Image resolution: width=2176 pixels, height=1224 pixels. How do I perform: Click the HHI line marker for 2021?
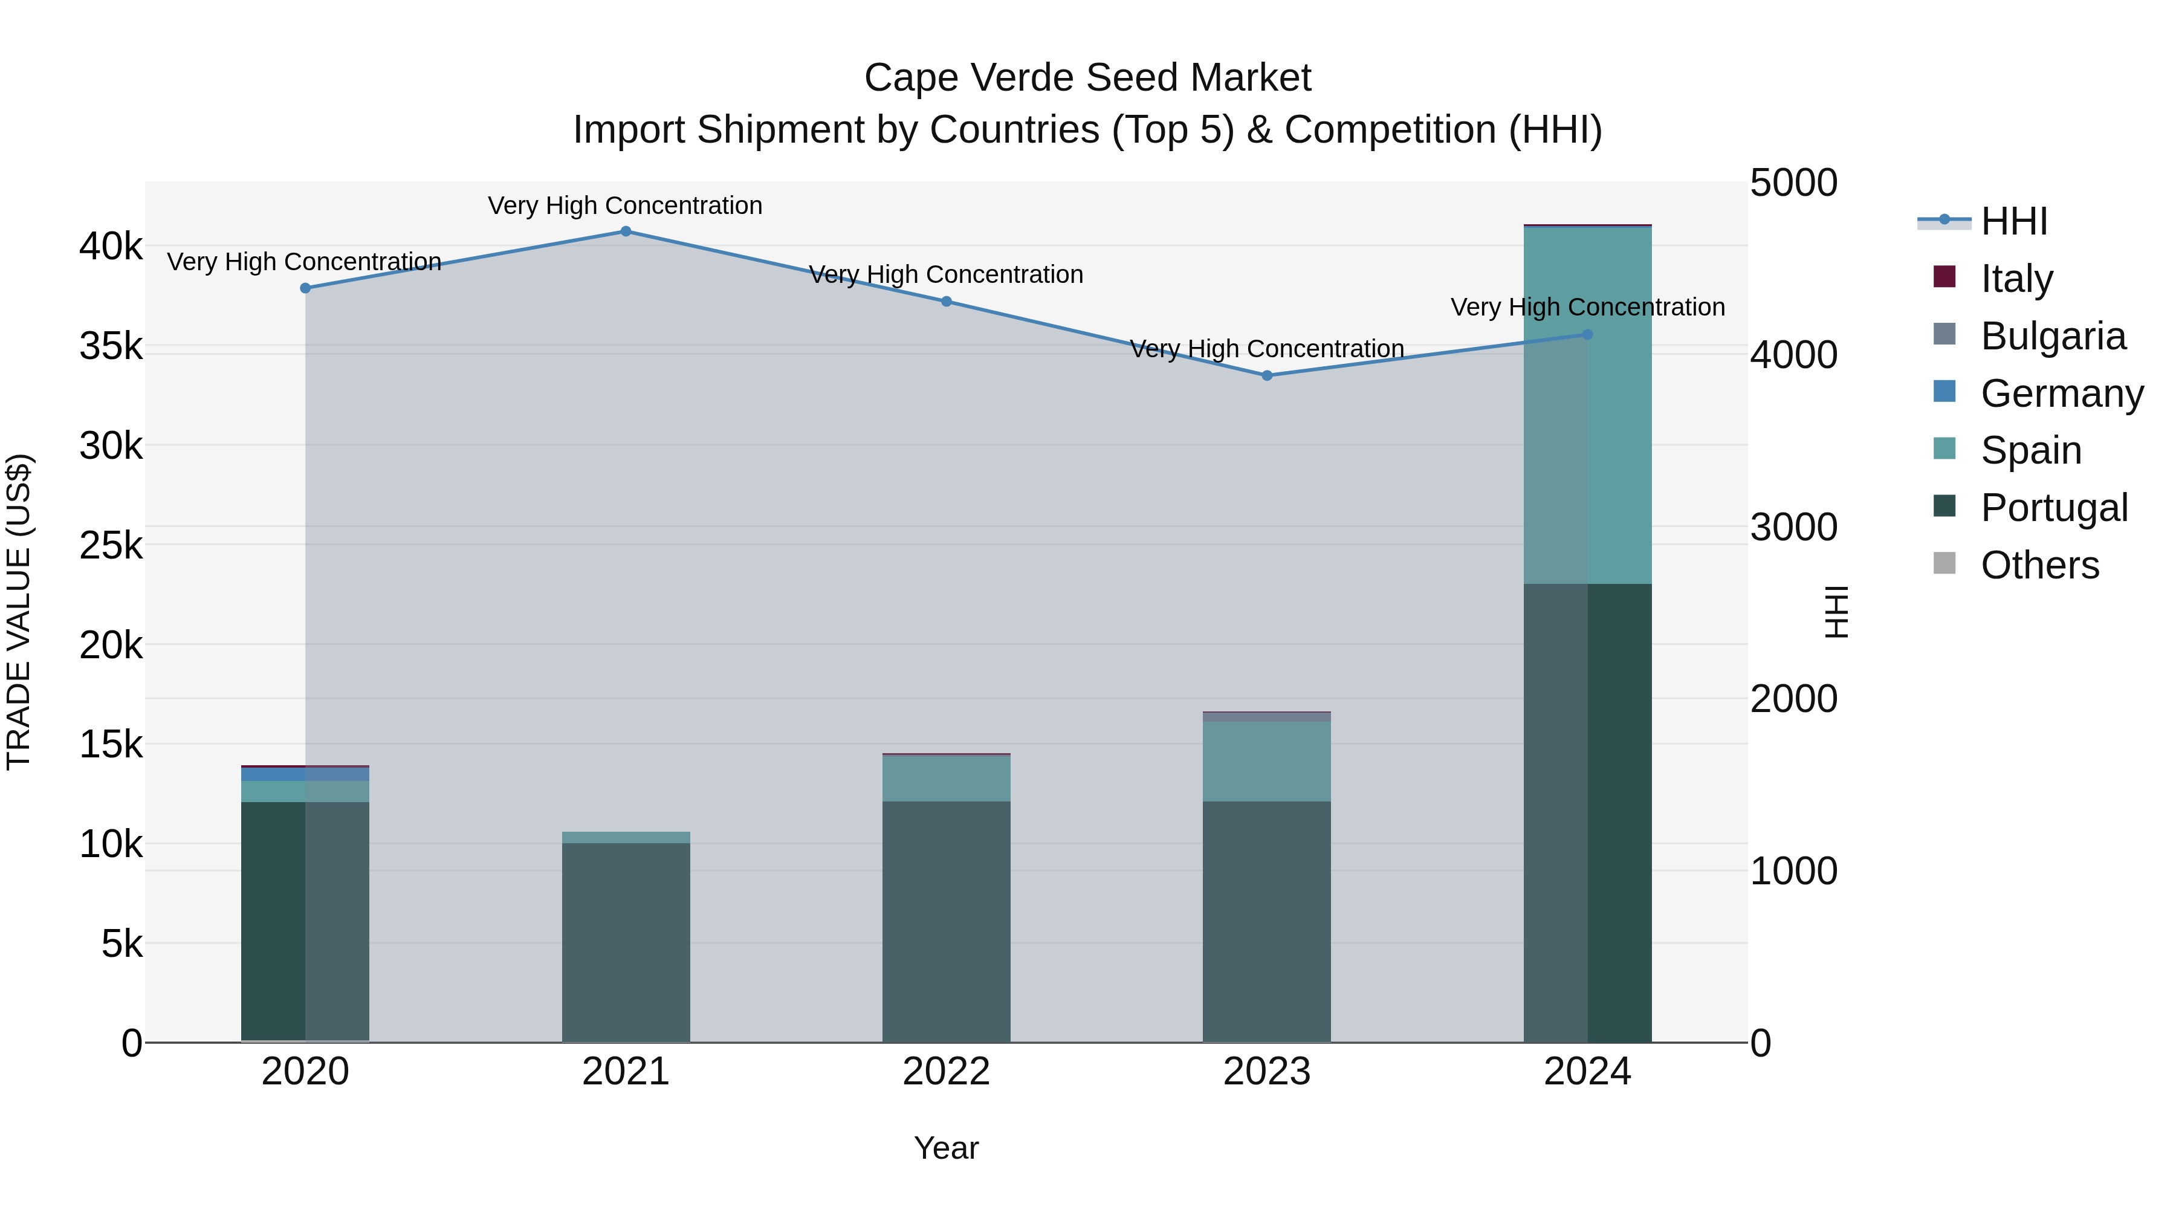click(x=625, y=232)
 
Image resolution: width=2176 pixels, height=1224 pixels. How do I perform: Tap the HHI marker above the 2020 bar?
click(x=305, y=288)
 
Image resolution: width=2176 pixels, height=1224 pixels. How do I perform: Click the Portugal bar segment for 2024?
click(x=1587, y=811)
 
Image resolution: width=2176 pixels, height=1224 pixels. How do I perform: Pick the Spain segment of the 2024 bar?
click(x=1587, y=406)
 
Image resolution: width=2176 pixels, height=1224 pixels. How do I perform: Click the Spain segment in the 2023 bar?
click(x=1266, y=760)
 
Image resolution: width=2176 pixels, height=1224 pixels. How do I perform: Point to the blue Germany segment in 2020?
click(x=305, y=774)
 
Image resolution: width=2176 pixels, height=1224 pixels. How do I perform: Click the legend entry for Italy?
click(x=2015, y=279)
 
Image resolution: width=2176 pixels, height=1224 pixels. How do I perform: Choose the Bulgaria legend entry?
click(x=2053, y=336)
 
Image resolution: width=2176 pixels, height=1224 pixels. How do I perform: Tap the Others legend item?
click(x=2039, y=565)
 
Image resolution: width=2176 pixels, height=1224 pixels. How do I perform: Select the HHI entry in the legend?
click(x=2013, y=221)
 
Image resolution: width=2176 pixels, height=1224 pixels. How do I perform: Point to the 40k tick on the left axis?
click(x=111, y=247)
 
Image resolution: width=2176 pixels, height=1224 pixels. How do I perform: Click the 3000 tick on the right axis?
click(x=1793, y=527)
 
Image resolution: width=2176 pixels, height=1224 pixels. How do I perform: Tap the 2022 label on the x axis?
click(x=945, y=1072)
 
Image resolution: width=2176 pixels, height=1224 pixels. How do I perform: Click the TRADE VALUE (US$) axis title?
click(x=19, y=612)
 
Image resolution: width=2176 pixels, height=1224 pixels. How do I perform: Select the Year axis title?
click(x=945, y=1148)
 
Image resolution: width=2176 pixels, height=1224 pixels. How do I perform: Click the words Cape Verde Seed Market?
click(x=1087, y=78)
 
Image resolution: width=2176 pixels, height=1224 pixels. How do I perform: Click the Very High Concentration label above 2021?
click(x=625, y=206)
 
